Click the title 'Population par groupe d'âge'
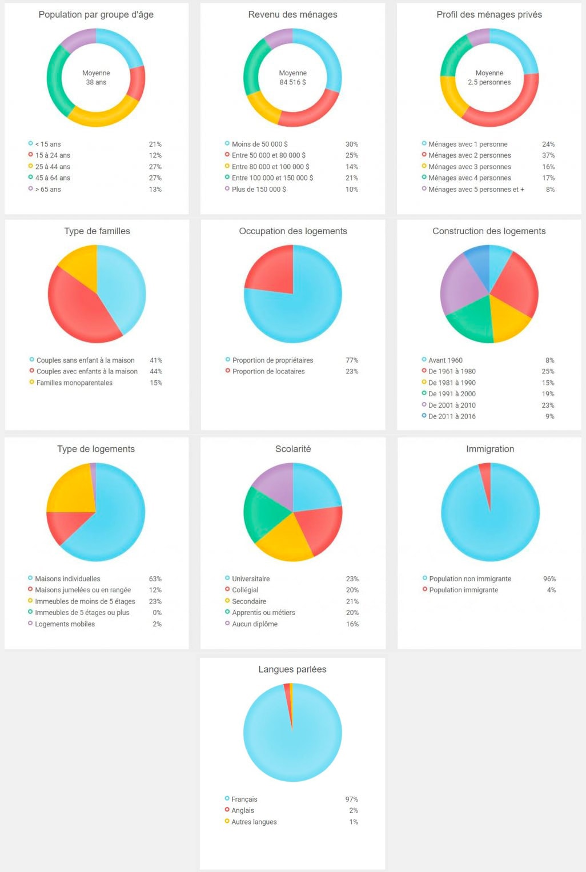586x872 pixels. [x=96, y=15]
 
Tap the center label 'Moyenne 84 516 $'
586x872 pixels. [x=292, y=78]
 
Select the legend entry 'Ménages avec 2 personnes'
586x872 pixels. [x=469, y=155]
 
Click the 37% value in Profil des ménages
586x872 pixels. [x=548, y=155]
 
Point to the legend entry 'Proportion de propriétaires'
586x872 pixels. [x=272, y=360]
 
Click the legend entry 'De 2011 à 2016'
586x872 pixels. [x=452, y=416]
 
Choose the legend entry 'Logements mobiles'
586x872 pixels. [x=65, y=624]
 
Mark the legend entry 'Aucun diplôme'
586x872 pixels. [x=254, y=624]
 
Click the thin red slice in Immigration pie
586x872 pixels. [x=486, y=477]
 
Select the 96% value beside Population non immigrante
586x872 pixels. [x=549, y=579]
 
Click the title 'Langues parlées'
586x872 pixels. [x=292, y=669]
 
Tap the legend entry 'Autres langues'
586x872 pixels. [x=254, y=822]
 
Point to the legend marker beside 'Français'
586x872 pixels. [x=227, y=799]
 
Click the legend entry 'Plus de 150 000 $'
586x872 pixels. [x=259, y=189]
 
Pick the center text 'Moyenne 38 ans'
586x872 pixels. [x=96, y=78]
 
